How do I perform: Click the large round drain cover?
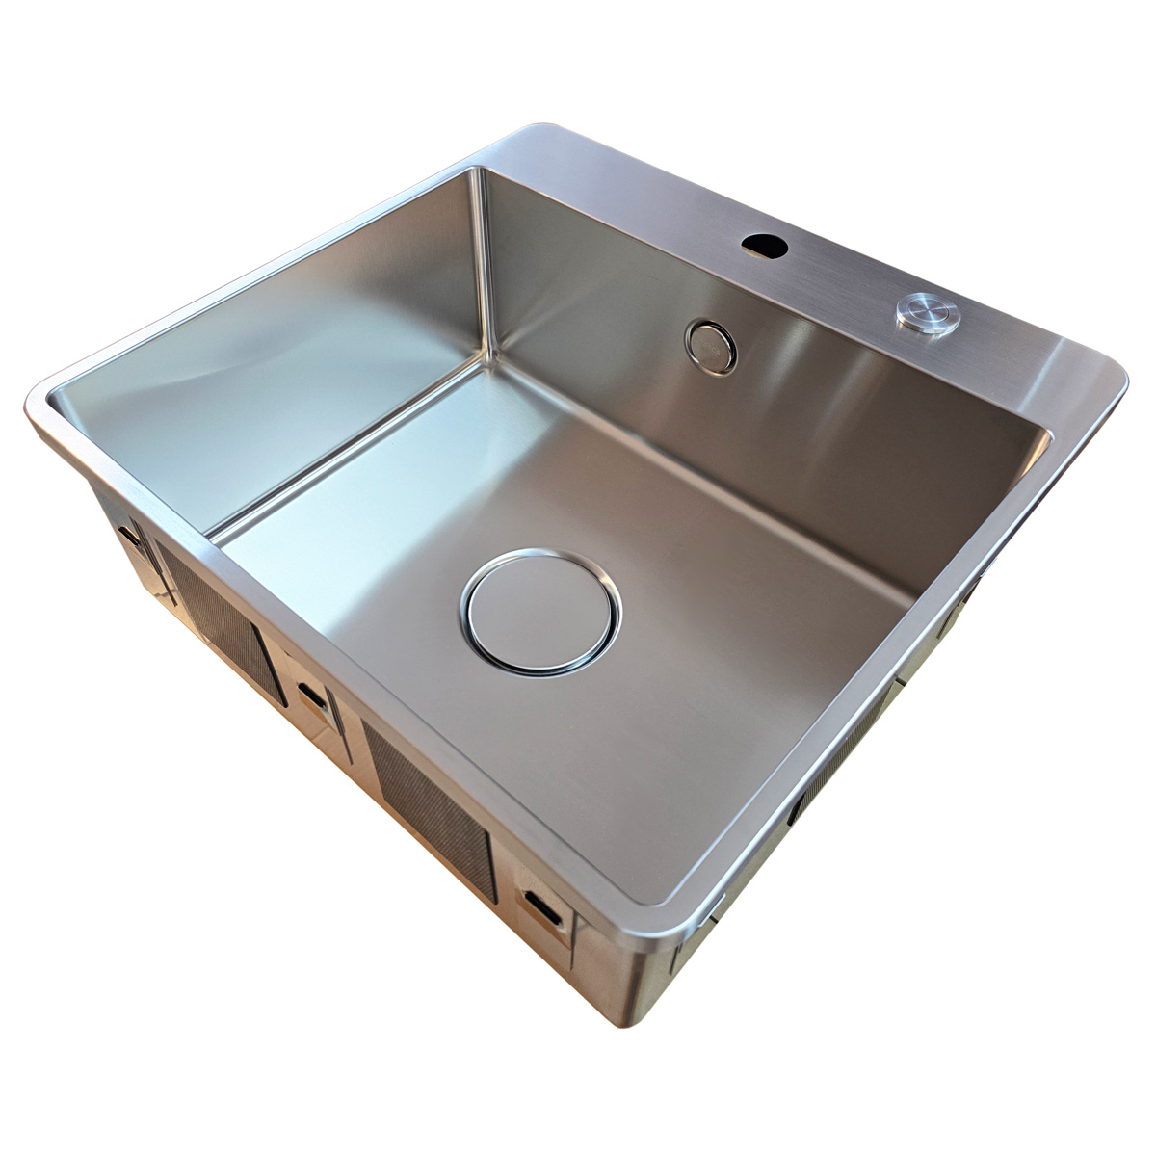click(541, 611)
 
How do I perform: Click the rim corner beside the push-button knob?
click(1108, 376)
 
